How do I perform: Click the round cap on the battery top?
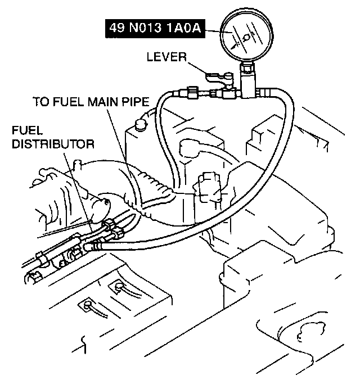click(141, 121)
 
